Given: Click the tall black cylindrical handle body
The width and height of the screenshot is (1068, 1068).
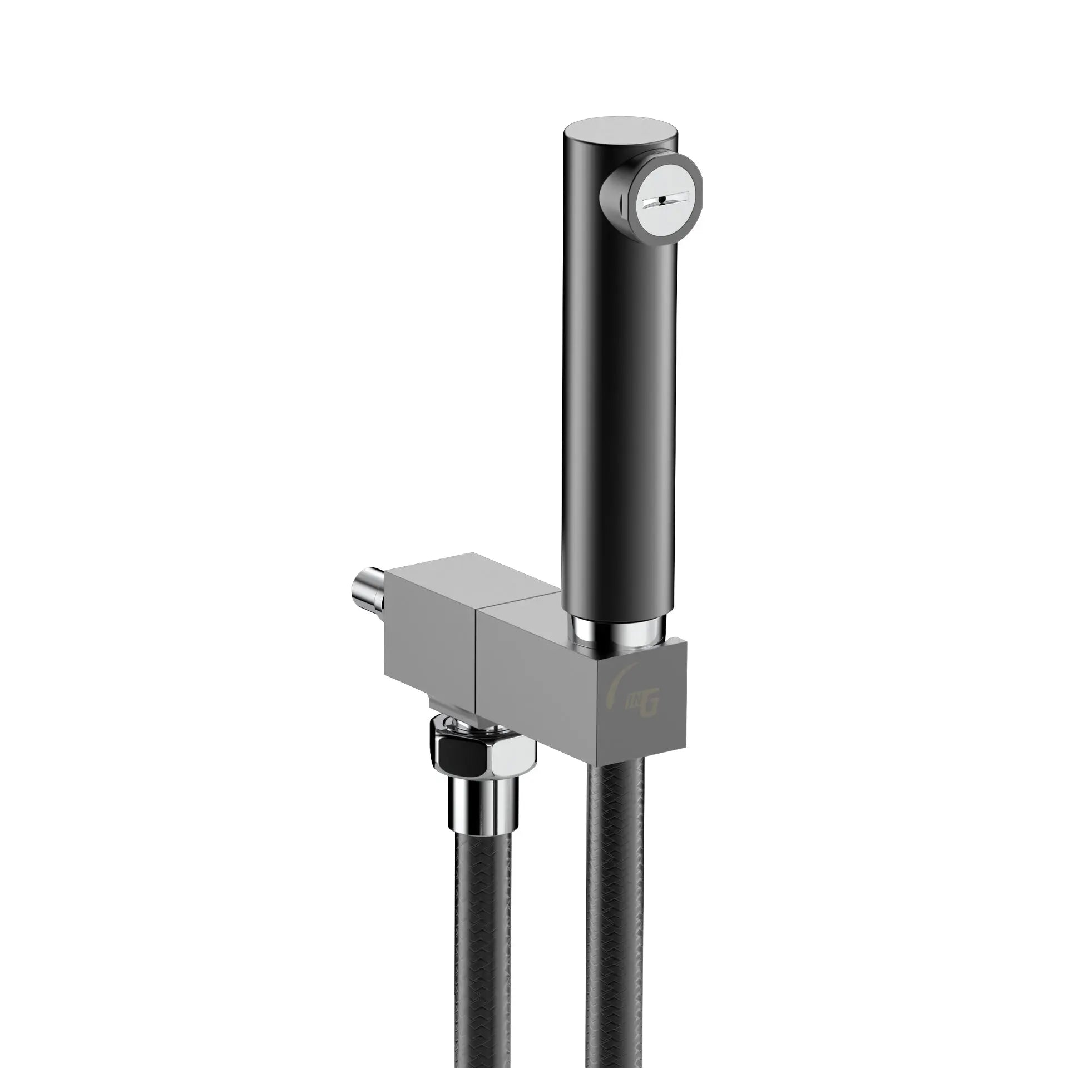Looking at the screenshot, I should point(617,389).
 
